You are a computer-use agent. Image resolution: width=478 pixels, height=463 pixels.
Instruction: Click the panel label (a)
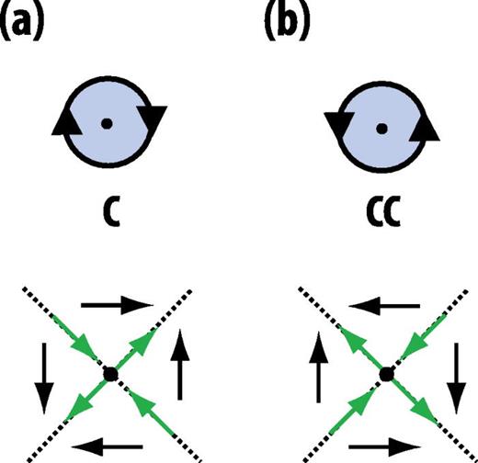click(28, 21)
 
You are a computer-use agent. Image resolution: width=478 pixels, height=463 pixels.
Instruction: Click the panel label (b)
click(286, 21)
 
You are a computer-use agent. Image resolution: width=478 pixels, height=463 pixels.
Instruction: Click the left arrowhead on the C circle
click(63, 120)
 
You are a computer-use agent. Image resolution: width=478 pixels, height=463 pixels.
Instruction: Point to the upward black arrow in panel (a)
click(177, 367)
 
